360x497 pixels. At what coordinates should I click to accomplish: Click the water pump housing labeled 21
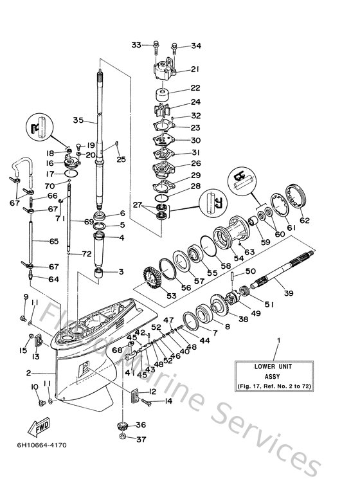tap(161, 69)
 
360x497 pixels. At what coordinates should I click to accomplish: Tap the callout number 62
tap(305, 221)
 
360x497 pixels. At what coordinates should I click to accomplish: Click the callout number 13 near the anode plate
tap(36, 357)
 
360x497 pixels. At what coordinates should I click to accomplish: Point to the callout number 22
tap(195, 89)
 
